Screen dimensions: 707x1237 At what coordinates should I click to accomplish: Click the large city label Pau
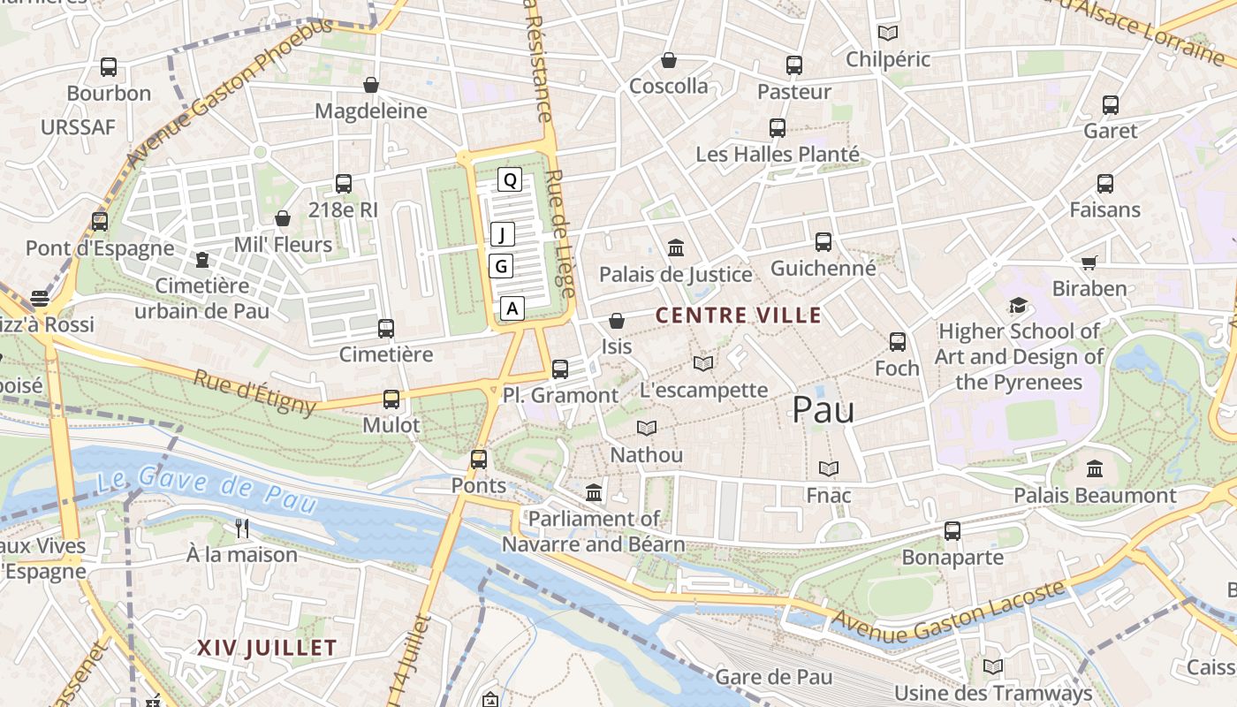pyautogui.click(x=823, y=409)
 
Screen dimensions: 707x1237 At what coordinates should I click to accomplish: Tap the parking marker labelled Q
pyautogui.click(x=510, y=180)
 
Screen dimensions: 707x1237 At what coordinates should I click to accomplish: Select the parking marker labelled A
pyautogui.click(x=512, y=308)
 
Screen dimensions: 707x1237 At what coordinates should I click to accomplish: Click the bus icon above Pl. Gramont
pyautogui.click(x=559, y=369)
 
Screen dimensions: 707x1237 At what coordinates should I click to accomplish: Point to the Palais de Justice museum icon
pyautogui.click(x=676, y=248)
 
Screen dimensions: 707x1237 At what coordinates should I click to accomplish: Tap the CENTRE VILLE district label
pyautogui.click(x=739, y=315)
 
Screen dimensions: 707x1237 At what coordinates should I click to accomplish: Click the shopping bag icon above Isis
pyautogui.click(x=617, y=321)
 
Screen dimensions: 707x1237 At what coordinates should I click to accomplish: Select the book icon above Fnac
pyautogui.click(x=828, y=468)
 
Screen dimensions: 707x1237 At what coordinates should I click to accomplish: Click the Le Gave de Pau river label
pyautogui.click(x=206, y=491)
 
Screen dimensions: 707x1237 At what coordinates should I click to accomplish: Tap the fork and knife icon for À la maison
pyautogui.click(x=242, y=528)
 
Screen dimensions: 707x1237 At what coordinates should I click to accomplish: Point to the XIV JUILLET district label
pyautogui.click(x=267, y=648)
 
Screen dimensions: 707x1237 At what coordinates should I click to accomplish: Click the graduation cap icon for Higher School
pyautogui.click(x=1018, y=306)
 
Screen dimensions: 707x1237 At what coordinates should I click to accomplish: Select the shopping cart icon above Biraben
pyautogui.click(x=1089, y=262)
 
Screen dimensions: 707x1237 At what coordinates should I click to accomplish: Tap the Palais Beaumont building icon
pyautogui.click(x=1095, y=468)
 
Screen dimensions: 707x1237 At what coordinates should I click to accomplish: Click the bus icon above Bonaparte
pyautogui.click(x=952, y=531)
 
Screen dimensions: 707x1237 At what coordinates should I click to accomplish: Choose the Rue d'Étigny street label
pyautogui.click(x=254, y=392)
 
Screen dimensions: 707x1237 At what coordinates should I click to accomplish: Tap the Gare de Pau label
pyautogui.click(x=774, y=678)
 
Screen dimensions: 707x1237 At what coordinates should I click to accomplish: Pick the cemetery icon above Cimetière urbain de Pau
pyautogui.click(x=202, y=260)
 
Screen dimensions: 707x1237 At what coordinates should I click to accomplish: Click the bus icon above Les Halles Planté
pyautogui.click(x=777, y=128)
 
